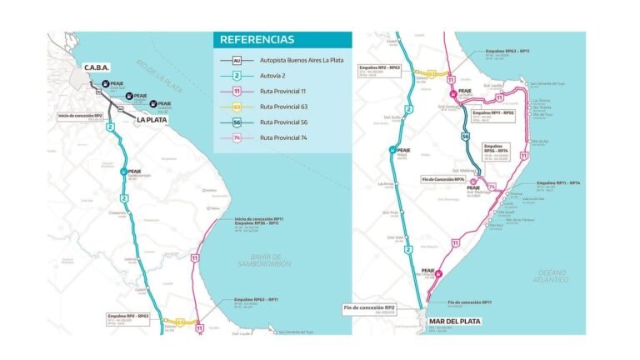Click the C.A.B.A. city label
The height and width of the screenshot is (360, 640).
[97, 67]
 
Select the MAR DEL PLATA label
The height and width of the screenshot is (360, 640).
[453, 320]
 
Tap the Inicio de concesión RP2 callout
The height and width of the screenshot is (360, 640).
[80, 116]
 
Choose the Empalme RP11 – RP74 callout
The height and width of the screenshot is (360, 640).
[557, 182]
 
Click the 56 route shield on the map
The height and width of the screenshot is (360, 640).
[465, 135]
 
